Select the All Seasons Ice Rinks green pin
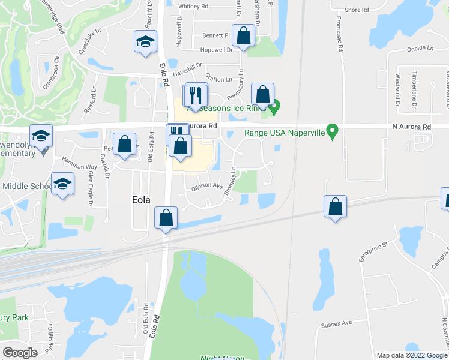click(x=275, y=109)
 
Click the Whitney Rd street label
click(x=193, y=6)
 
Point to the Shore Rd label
click(x=357, y=10)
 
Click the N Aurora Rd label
click(x=411, y=127)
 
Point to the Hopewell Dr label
click(x=216, y=50)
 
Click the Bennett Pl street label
click(x=216, y=35)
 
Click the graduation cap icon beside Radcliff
click(x=144, y=43)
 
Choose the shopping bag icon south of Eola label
click(x=166, y=217)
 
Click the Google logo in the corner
click(x=20, y=352)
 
